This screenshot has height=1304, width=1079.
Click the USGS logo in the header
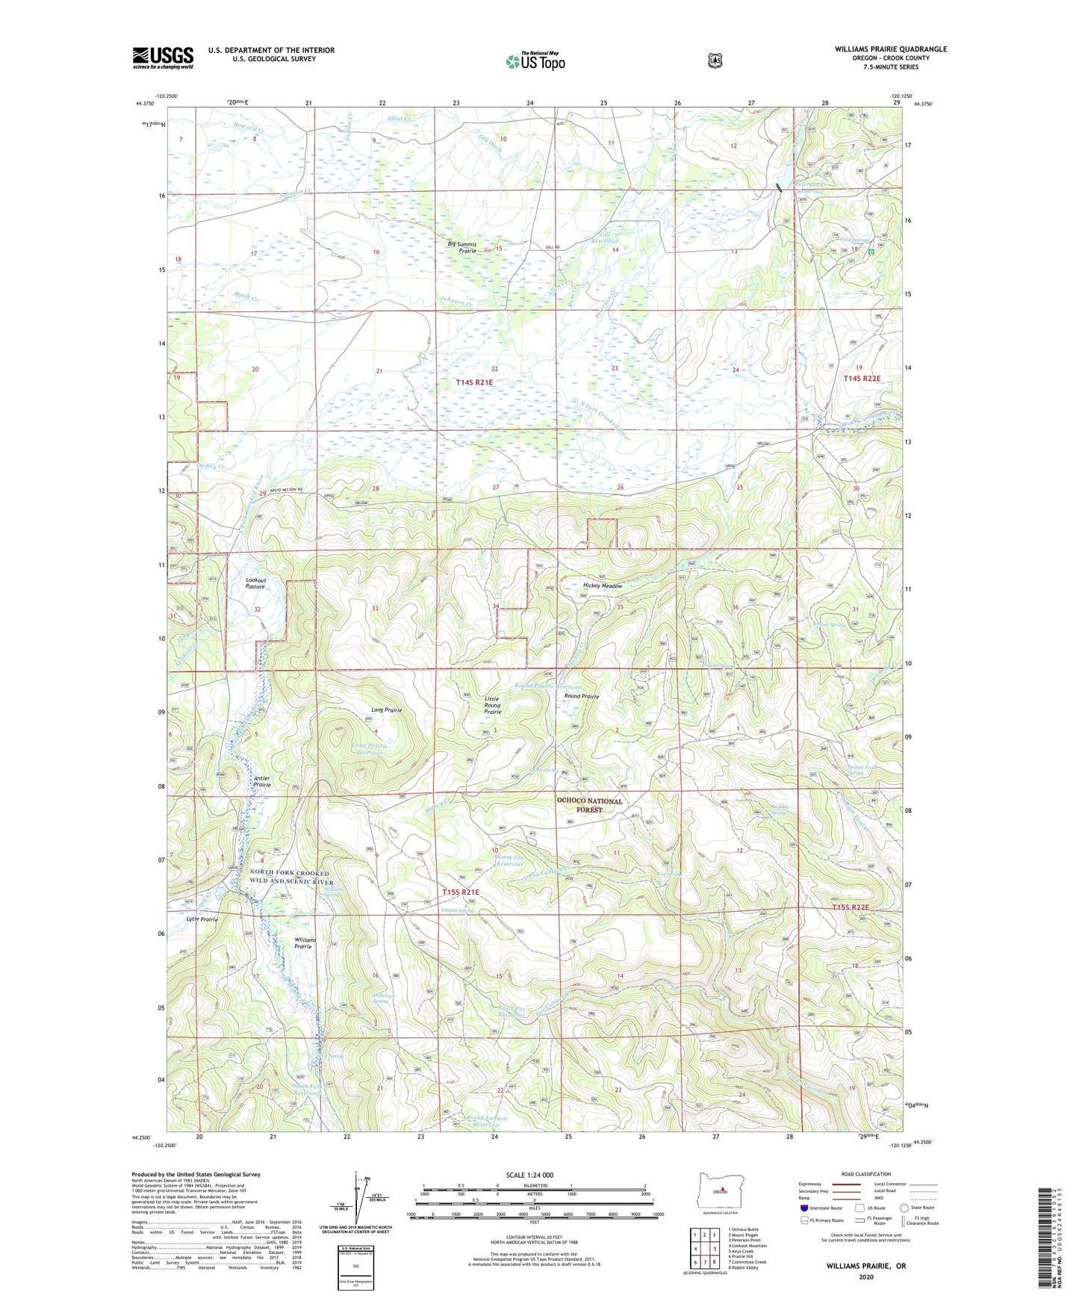[x=163, y=58]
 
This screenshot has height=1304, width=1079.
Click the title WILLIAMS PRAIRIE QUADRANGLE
[x=890, y=49]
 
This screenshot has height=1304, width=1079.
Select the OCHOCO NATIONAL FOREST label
[x=588, y=805]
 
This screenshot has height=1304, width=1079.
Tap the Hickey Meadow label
[x=602, y=586]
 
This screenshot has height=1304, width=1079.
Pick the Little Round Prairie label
[x=492, y=705]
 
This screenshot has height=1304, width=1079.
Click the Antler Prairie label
[x=261, y=782]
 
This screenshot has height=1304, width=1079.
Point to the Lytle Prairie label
[x=202, y=919]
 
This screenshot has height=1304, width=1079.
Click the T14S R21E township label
[x=475, y=382]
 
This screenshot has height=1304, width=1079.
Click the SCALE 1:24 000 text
[x=529, y=1175]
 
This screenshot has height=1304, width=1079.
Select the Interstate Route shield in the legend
[x=804, y=1207]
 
